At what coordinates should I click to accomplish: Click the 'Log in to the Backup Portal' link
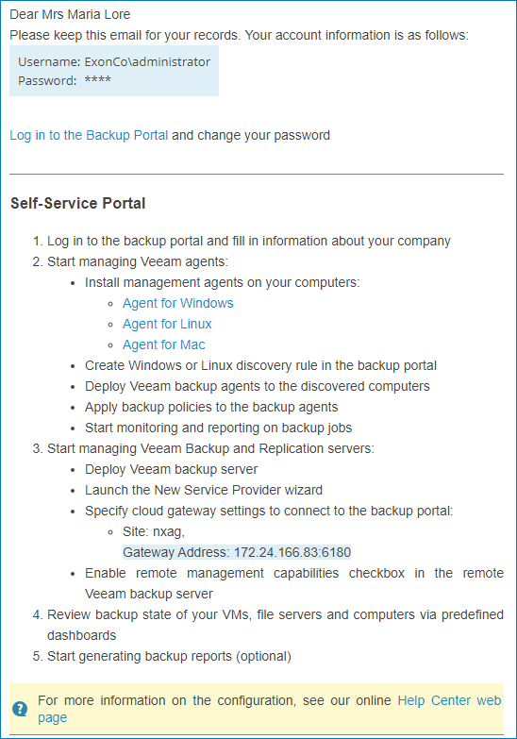tap(89, 135)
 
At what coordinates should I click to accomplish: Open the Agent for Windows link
tap(177, 303)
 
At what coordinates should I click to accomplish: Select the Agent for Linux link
tap(167, 324)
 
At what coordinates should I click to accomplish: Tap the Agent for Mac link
tap(163, 344)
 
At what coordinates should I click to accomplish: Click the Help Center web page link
tap(449, 700)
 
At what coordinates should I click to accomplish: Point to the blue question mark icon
tap(20, 709)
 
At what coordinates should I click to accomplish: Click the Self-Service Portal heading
tap(77, 203)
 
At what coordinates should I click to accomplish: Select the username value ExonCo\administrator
tap(147, 62)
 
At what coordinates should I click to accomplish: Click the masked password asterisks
tap(97, 80)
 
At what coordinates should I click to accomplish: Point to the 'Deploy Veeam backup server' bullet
tap(171, 469)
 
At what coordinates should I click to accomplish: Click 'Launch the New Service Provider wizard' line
tap(203, 490)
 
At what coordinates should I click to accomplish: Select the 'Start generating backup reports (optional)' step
tap(169, 656)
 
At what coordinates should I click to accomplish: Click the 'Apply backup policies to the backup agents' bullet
tap(211, 407)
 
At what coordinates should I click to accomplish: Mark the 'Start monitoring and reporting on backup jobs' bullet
tap(218, 428)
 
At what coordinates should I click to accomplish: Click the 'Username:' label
tap(48, 62)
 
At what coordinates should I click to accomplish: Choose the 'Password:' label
tap(47, 80)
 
